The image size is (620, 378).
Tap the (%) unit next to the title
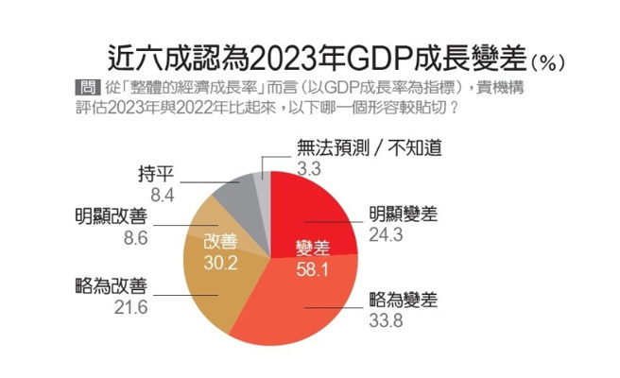pyautogui.click(x=549, y=62)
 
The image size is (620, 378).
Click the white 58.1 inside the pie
pyautogui.click(x=312, y=268)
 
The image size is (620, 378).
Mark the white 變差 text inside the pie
pyautogui.click(x=313, y=248)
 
